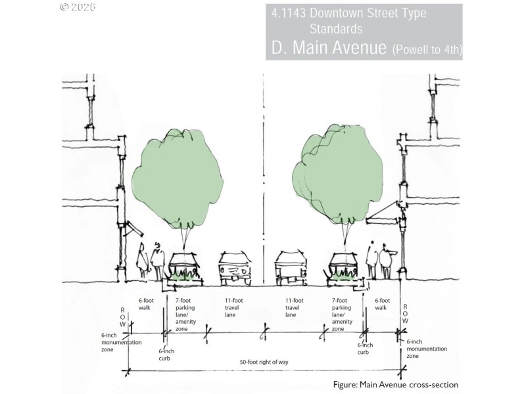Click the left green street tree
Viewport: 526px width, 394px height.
(178, 177)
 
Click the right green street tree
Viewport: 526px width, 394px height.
(337, 174)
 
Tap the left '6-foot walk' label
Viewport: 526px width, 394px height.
(146, 304)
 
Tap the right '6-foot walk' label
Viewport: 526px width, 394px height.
(382, 304)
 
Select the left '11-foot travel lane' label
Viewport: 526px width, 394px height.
(233, 307)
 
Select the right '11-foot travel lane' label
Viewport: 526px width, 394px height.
(294, 307)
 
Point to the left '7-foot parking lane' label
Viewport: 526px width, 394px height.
(185, 315)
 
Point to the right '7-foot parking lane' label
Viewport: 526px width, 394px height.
(342, 315)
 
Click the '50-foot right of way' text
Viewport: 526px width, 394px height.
(264, 362)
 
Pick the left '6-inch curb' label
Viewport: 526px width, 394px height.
(166, 355)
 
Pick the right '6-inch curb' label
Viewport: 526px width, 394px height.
(365, 349)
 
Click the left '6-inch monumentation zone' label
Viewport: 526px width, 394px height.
(121, 342)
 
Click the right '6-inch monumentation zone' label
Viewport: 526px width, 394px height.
(427, 349)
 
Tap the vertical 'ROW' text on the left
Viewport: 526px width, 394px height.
(122, 317)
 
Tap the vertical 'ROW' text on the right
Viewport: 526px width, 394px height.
(405, 314)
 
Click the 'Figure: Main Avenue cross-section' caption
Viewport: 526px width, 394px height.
(396, 385)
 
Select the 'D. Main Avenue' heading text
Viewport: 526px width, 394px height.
(329, 47)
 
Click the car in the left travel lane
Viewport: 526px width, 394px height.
(235, 269)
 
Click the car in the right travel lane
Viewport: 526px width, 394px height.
(291, 269)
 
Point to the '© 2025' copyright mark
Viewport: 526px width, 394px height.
(78, 7)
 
